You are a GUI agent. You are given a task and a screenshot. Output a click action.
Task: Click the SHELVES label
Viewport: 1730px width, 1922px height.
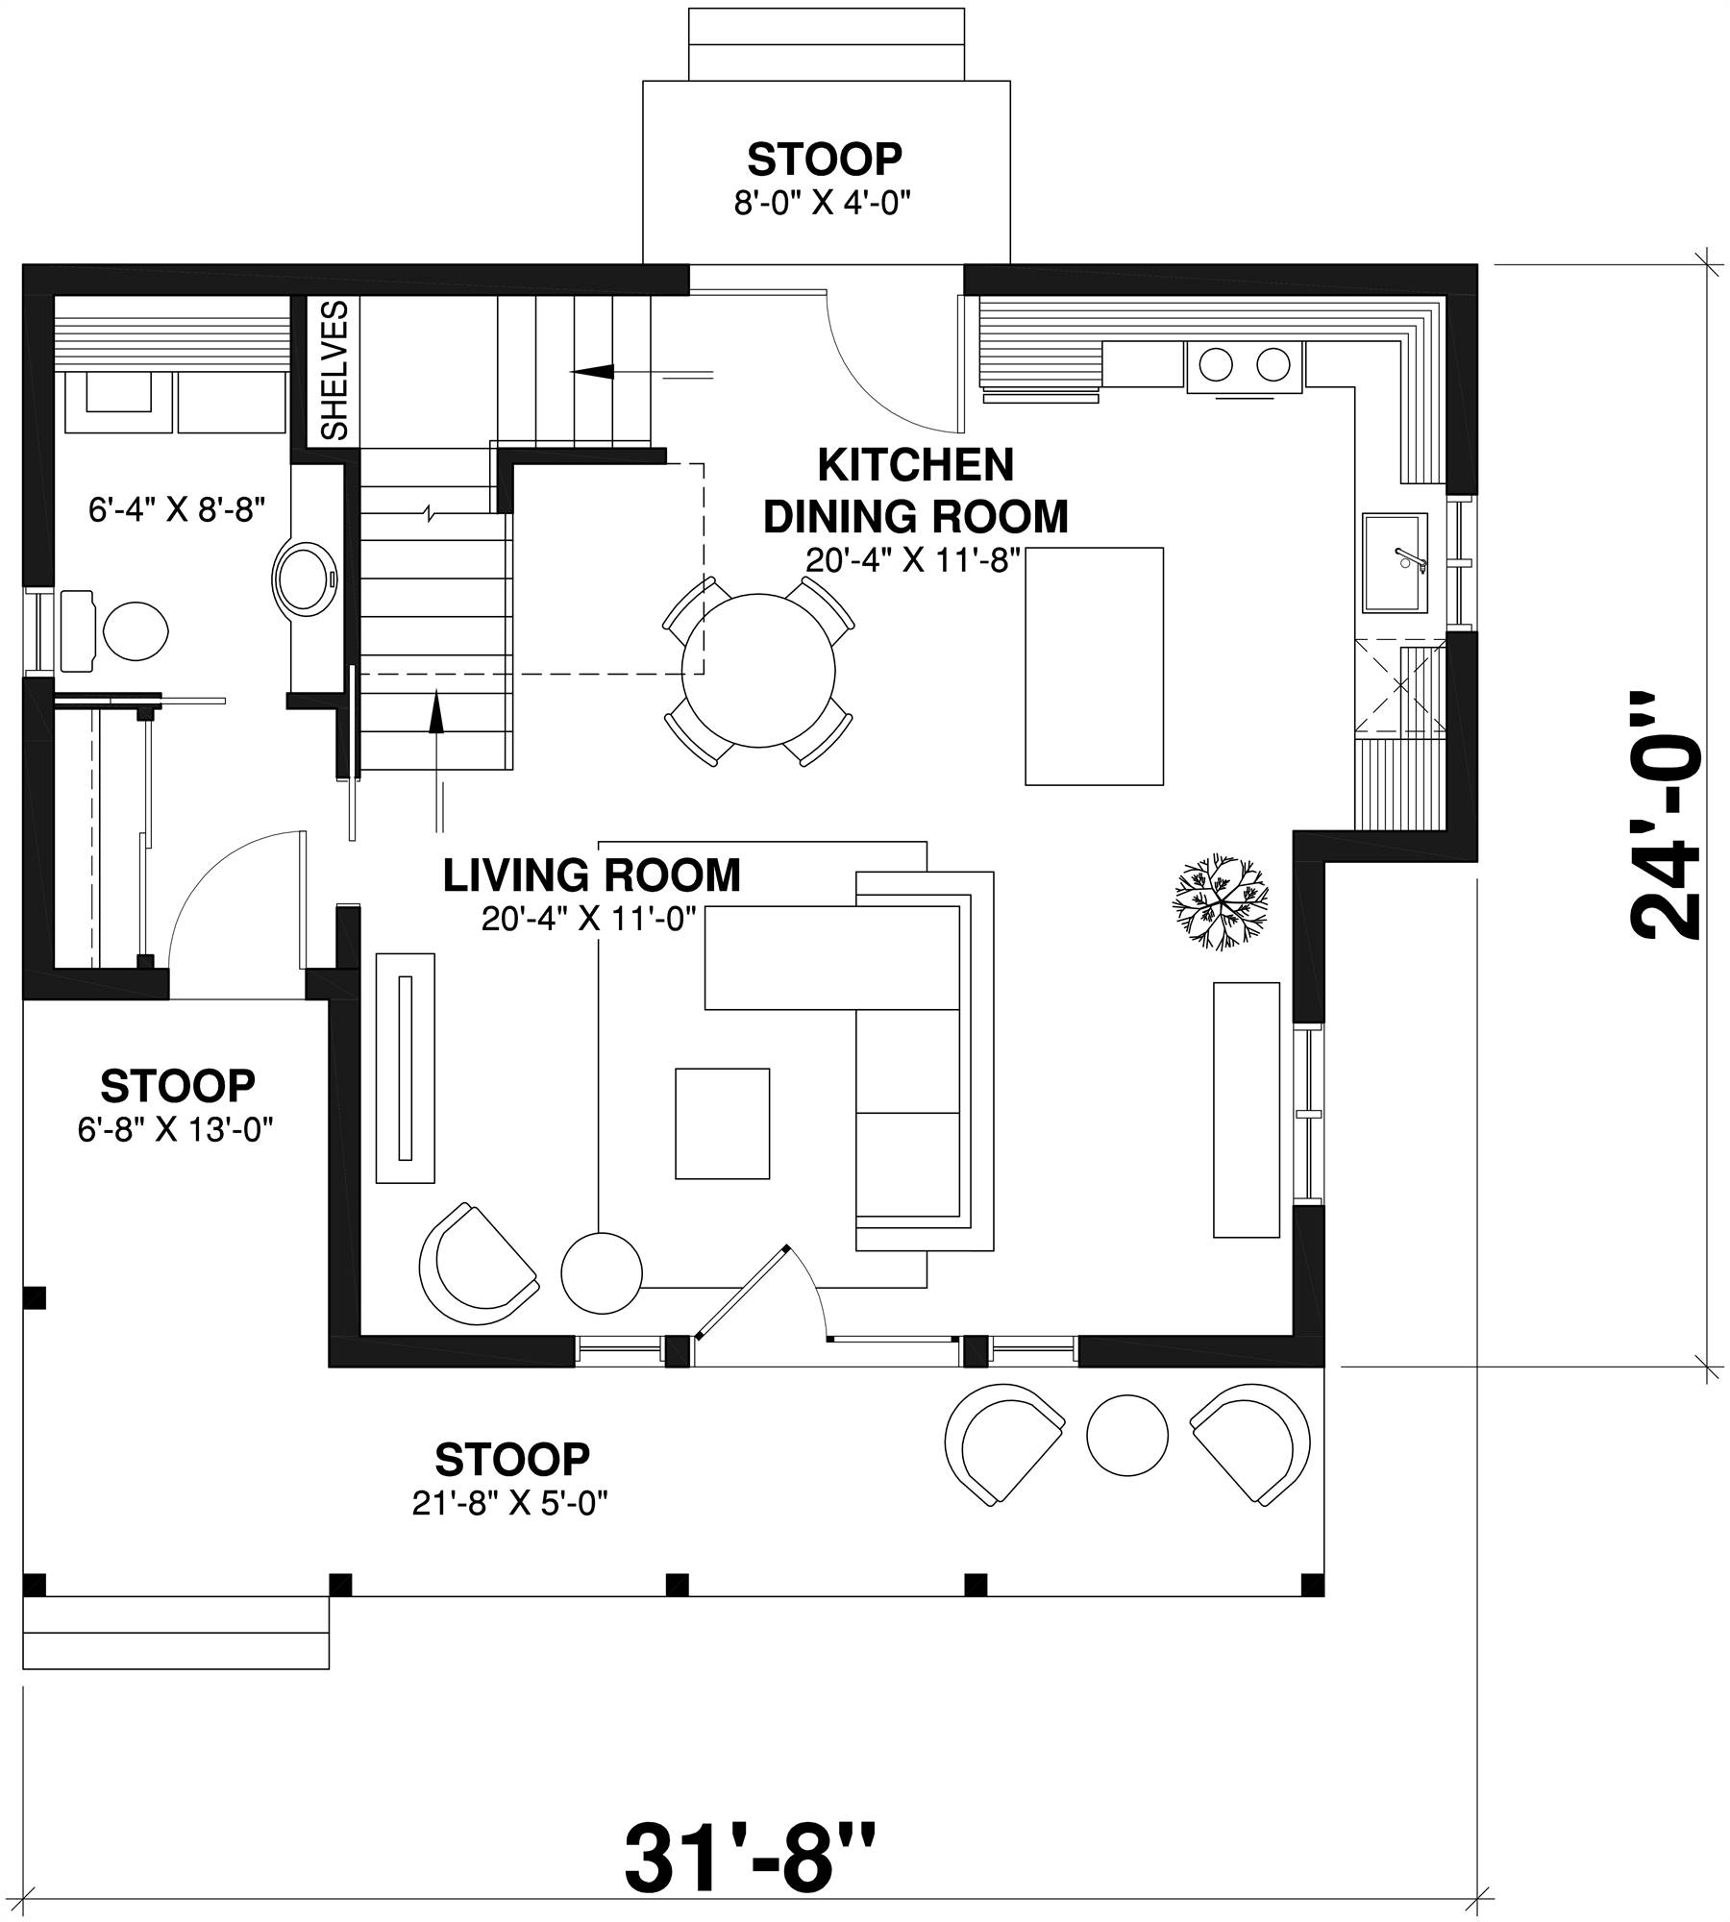[x=334, y=370]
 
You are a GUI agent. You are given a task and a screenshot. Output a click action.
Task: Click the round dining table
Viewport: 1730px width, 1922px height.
[x=758, y=671]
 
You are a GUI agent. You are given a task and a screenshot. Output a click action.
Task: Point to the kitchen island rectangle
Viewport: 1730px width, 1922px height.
[x=1094, y=666]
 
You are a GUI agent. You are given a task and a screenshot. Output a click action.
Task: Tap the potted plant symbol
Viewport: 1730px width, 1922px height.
[x=1218, y=901]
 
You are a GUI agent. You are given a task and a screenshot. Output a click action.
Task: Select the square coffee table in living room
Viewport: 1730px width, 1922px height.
[x=722, y=1122]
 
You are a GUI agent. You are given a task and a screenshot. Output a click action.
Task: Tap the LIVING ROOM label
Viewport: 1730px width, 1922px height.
[x=591, y=875]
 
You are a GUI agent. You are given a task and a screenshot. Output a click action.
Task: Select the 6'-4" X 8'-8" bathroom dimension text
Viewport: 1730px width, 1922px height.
[x=177, y=509]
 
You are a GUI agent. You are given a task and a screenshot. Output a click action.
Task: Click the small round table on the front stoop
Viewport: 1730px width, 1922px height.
[x=1127, y=1436]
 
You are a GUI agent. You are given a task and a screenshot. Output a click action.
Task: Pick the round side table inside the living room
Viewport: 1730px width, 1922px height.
[x=601, y=1272]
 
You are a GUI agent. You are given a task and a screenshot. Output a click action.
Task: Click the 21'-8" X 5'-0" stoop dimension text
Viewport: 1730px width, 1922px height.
[x=511, y=1503]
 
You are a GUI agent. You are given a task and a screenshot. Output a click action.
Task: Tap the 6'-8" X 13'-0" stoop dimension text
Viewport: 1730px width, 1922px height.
[x=177, y=1130]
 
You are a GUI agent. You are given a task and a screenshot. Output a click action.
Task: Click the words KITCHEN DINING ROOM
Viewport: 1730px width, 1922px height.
[x=915, y=491]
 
